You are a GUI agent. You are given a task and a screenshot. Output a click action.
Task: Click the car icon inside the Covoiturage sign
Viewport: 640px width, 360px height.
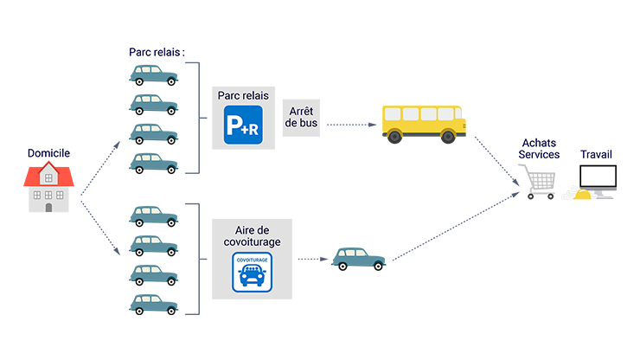[x=251, y=275]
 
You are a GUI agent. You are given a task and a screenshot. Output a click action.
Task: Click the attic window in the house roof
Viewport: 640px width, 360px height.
[x=49, y=177]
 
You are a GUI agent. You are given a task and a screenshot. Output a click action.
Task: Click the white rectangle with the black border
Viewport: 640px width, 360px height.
[x=598, y=174]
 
